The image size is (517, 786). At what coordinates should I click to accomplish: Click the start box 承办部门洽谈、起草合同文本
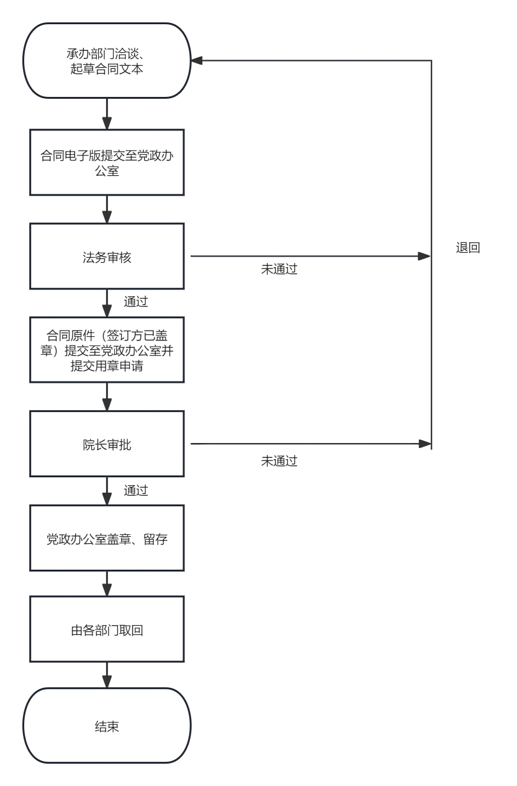click(107, 61)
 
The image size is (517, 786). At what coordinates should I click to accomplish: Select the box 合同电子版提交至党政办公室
click(107, 162)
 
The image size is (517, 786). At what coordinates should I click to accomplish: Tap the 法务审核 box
click(107, 256)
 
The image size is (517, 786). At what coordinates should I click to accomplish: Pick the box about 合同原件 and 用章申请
click(107, 350)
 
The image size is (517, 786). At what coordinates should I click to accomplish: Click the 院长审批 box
click(107, 444)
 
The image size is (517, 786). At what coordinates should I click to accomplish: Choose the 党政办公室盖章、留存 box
click(107, 538)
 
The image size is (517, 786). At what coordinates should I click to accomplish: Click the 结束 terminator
click(107, 725)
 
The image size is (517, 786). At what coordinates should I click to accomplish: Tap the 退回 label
click(468, 248)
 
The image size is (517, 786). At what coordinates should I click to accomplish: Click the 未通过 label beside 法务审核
click(279, 269)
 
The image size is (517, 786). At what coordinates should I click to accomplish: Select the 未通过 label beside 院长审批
click(279, 461)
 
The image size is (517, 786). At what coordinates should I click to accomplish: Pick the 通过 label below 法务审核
click(136, 302)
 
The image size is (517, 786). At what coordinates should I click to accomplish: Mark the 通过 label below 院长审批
click(136, 490)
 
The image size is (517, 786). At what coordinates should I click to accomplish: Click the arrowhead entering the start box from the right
click(197, 61)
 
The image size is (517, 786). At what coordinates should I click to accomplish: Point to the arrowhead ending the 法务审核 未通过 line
click(425, 256)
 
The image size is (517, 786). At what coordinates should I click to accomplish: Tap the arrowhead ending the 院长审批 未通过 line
click(425, 444)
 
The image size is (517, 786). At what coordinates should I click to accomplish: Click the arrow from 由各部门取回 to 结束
click(107, 675)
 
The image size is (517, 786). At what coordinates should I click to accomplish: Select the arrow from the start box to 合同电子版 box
click(107, 114)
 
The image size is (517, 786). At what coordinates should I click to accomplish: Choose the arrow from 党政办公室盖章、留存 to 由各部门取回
click(107, 583)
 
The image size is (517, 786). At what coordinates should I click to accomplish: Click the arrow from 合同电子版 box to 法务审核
click(107, 209)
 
